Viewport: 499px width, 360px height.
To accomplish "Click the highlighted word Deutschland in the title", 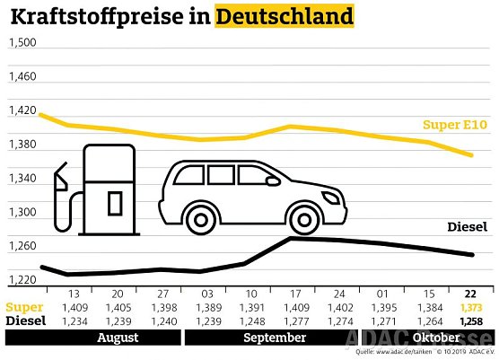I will click(285, 16).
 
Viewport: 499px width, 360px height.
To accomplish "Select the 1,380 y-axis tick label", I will click(22, 145).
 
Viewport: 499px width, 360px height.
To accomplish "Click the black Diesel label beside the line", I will click(466, 227).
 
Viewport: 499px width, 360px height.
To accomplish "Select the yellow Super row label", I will click(24, 308).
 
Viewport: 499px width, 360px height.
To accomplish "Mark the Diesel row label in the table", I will click(25, 321).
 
